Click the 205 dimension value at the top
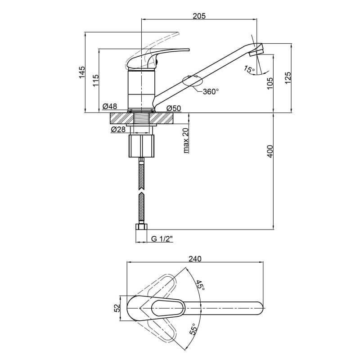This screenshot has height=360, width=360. click(199, 16)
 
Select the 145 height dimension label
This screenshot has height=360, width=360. click(82, 72)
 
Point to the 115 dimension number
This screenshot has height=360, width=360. click(96, 81)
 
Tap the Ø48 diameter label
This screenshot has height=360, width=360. click(110, 106)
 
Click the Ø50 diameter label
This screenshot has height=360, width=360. click(174, 108)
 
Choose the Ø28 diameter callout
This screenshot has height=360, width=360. click(118, 130)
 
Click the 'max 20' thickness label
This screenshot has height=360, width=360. click(186, 140)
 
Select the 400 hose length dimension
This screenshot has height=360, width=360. click(270, 151)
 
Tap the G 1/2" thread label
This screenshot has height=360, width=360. click(162, 239)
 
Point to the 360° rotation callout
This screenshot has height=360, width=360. click(211, 92)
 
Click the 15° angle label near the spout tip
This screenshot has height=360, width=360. click(249, 69)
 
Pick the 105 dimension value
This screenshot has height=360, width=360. click(270, 83)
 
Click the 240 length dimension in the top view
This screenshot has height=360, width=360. click(195, 259)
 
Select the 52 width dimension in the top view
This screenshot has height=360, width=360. click(117, 308)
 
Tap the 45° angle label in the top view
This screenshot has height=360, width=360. click(199, 285)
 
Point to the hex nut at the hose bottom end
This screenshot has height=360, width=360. click(141, 227)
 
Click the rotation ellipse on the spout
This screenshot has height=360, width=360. click(193, 81)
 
